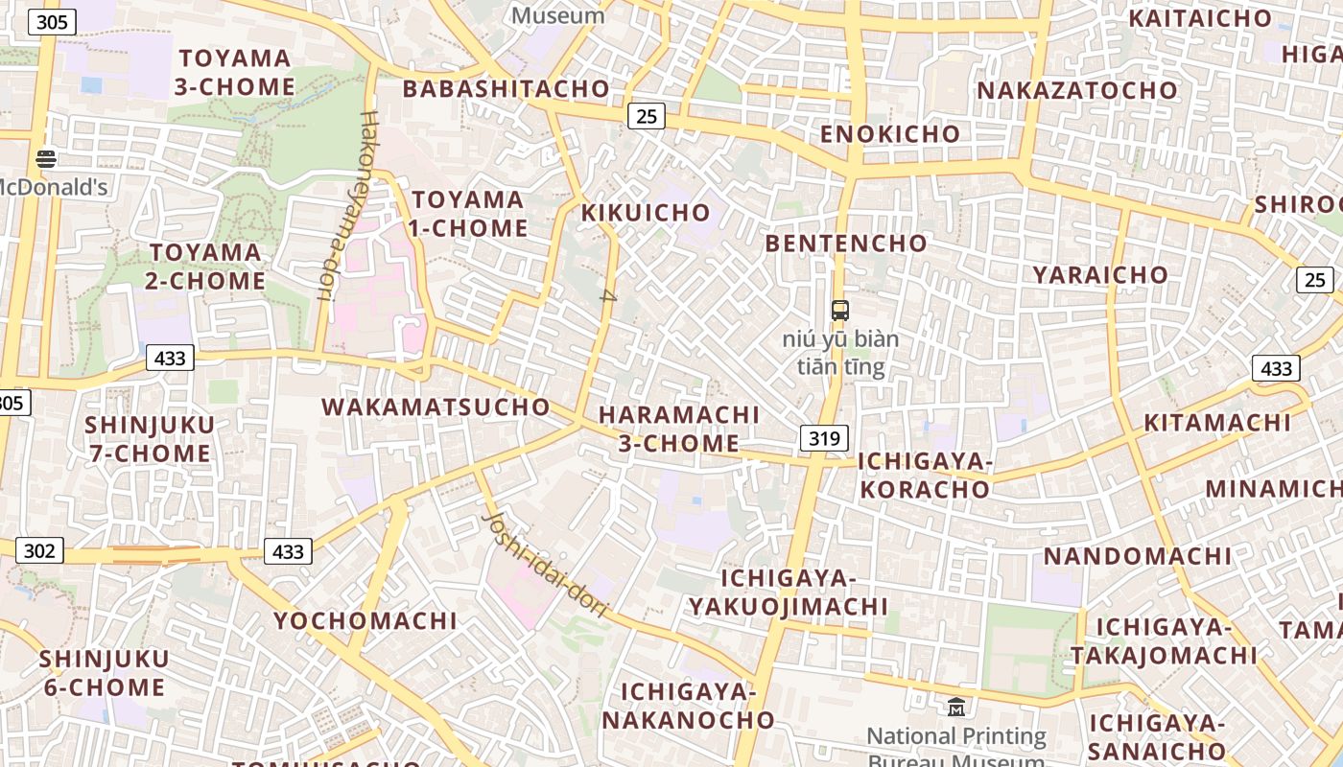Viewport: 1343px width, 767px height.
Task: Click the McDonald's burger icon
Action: (x=46, y=159)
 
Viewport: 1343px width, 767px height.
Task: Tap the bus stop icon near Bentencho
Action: (x=839, y=310)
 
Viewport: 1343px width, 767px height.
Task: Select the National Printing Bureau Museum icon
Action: (x=955, y=708)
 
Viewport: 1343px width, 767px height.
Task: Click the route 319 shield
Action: (x=824, y=438)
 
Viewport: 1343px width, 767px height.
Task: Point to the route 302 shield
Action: (x=39, y=550)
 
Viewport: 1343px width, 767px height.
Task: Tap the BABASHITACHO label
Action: (x=506, y=89)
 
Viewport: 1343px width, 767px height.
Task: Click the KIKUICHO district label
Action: (x=646, y=212)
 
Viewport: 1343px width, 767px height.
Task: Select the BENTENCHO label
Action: (x=846, y=244)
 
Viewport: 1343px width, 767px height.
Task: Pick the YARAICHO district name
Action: (x=1100, y=275)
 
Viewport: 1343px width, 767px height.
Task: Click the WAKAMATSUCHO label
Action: (x=436, y=407)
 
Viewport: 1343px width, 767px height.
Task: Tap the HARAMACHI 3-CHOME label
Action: (x=678, y=429)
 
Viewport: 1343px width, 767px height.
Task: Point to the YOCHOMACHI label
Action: (x=365, y=620)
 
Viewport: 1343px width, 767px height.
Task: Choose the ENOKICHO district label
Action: (x=889, y=134)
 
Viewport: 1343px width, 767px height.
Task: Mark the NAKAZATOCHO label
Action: (x=1076, y=90)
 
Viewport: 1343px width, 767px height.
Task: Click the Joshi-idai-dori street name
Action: (x=546, y=565)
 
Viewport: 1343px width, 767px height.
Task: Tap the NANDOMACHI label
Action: (x=1137, y=556)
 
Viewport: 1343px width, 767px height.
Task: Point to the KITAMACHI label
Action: (x=1216, y=423)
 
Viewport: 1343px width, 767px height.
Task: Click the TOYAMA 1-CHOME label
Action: (x=469, y=214)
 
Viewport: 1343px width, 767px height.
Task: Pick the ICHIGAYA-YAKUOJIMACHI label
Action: (x=788, y=593)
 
